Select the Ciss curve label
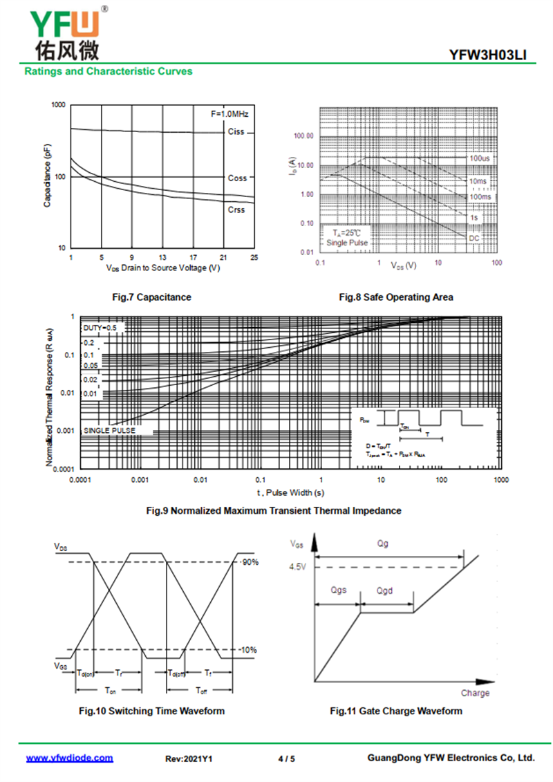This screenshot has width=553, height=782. tap(236, 132)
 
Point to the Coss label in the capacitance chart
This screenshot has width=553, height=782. tap(237, 178)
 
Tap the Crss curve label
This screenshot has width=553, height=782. tap(236, 210)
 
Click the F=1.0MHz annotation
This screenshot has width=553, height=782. tap(229, 113)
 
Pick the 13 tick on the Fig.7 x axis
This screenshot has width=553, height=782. tap(162, 257)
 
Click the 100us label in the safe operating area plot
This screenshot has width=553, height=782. tap(480, 158)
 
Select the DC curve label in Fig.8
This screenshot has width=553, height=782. tap(475, 239)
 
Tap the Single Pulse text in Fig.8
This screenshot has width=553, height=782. tap(348, 243)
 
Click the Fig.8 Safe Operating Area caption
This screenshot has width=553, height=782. tap(396, 297)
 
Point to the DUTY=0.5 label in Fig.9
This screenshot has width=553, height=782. tap(100, 327)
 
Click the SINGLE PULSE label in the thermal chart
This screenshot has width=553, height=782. tap(109, 431)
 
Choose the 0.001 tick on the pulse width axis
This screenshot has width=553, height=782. tap(140, 479)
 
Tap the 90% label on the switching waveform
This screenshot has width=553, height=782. tap(250, 562)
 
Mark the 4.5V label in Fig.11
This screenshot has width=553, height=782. tap(298, 568)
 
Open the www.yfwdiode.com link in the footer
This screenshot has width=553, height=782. tap(69, 758)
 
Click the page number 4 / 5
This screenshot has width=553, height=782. tap(286, 758)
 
